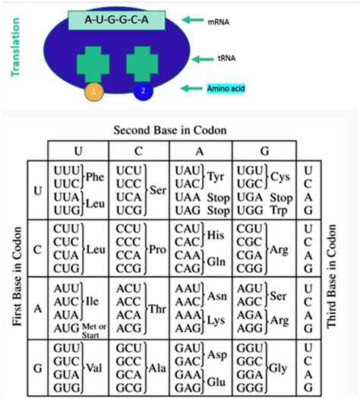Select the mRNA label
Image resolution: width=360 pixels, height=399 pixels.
click(x=219, y=24)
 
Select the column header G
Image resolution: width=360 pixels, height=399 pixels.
click(x=264, y=150)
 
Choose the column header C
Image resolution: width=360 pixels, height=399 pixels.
click(x=140, y=150)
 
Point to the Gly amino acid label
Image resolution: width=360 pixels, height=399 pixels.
click(x=280, y=366)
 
